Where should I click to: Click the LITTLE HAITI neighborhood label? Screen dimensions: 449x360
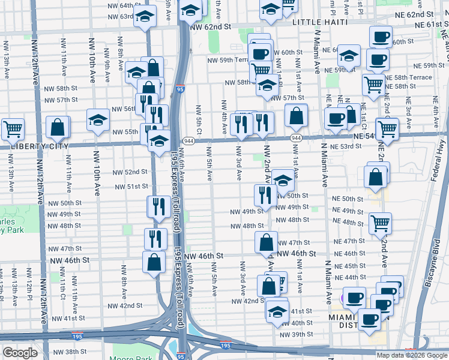[x=321, y=22]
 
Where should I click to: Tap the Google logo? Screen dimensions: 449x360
[x=20, y=353]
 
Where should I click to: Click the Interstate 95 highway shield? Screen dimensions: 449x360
[x=181, y=89]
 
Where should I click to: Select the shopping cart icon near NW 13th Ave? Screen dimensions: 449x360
[x=13, y=128]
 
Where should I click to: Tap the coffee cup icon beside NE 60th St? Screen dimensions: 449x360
[x=380, y=37]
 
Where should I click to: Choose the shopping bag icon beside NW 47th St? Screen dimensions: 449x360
[x=266, y=242]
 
